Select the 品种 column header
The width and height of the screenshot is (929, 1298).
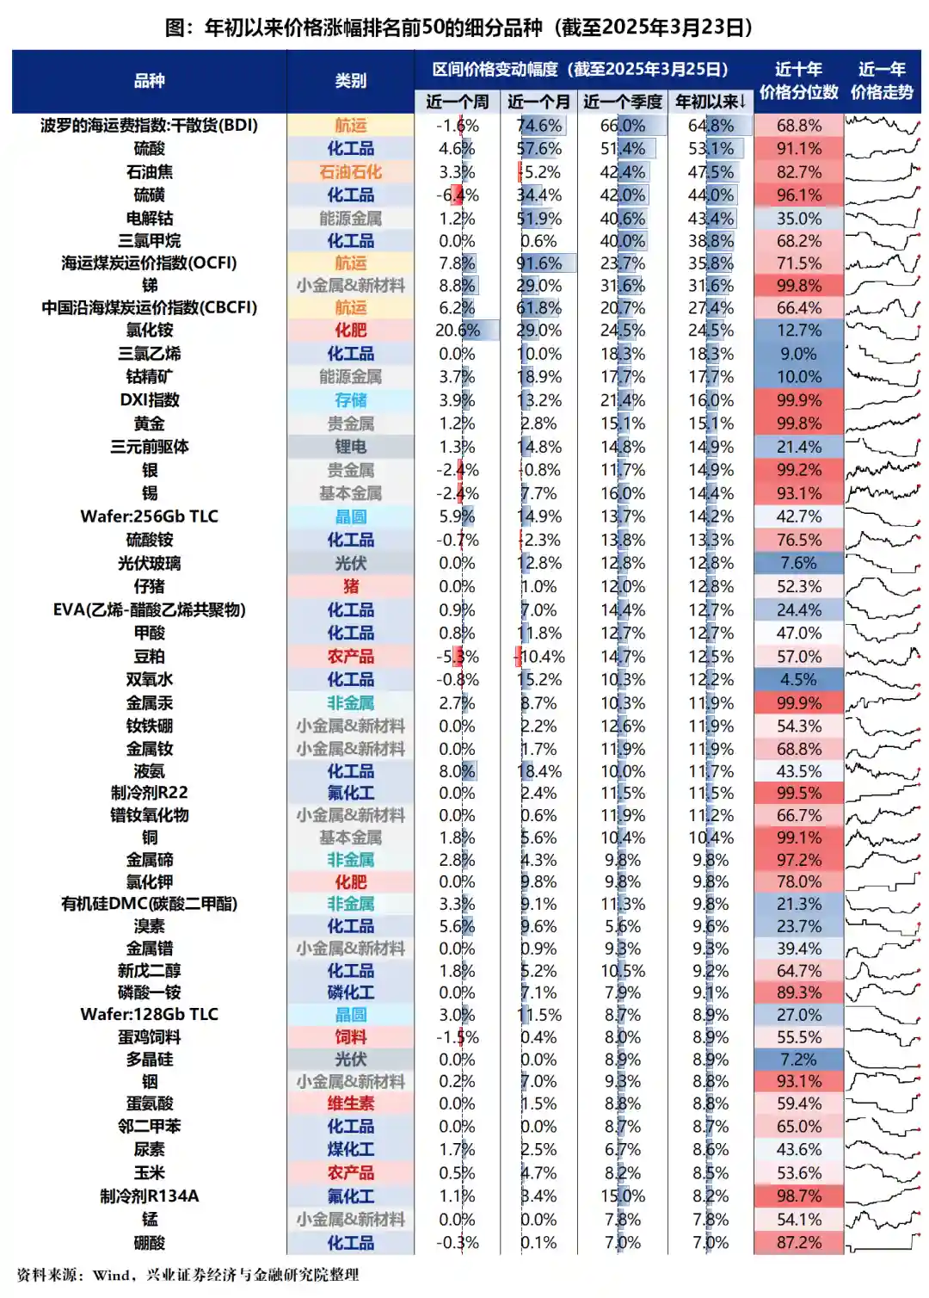[149, 81]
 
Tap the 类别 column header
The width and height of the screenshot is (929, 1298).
[350, 81]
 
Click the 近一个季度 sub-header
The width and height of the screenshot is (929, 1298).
[622, 102]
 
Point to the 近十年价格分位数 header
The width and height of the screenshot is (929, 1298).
[798, 81]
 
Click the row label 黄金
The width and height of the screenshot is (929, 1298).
[149, 423]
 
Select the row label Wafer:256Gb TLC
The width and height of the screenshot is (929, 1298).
[149, 516]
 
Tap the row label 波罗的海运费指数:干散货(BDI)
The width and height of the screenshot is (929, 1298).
[149, 125]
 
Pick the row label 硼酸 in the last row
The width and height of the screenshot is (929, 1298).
[149, 1243]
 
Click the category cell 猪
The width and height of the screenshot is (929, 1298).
[350, 586]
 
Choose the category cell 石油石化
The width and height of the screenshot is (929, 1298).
[350, 172]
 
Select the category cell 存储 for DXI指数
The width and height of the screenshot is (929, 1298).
[350, 400]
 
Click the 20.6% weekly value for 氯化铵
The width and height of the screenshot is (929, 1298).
[457, 331]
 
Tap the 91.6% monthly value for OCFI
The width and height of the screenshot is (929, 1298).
[539, 263]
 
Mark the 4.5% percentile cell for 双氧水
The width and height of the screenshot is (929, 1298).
[798, 680]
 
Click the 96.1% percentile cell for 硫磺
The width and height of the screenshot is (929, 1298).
[798, 195]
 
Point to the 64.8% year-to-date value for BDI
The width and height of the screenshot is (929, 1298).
[711, 125]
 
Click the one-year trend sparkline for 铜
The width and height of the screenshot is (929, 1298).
[883, 838]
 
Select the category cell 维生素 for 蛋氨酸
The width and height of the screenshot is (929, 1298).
[350, 1103]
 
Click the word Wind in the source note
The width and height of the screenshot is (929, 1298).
[111, 1276]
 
